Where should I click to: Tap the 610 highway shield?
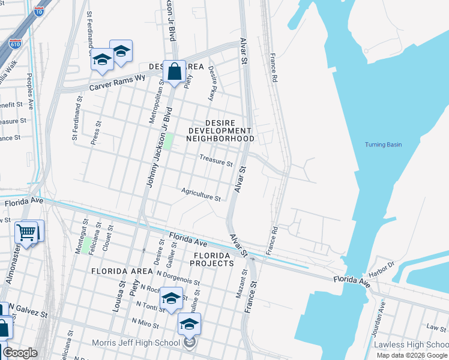[16, 44]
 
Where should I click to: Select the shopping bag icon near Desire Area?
[173, 72]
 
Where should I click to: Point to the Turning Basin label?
[383, 145]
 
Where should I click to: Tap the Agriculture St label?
[202, 194]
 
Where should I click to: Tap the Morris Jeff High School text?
[136, 343]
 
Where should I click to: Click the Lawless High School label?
[411, 344]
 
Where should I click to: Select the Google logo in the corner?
[20, 353]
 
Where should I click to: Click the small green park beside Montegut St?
[86, 245]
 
